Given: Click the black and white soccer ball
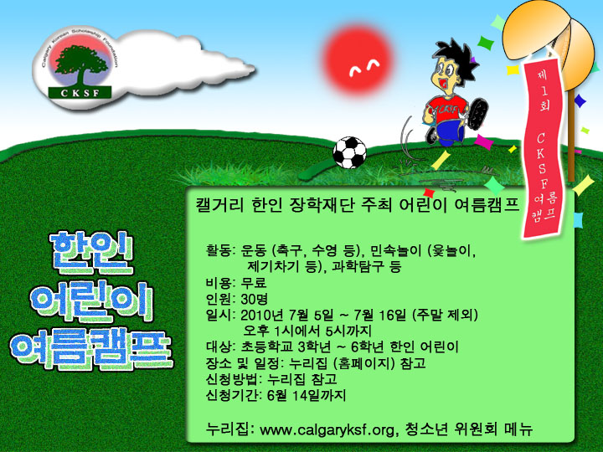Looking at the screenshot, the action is coord(349,152).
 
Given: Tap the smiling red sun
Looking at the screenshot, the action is coord(358,60).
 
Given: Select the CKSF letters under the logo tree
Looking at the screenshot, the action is coord(80,93).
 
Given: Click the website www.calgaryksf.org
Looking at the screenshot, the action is coord(327,429).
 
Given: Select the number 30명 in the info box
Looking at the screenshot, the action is coord(255,299).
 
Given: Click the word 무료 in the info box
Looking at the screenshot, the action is coord(254,283).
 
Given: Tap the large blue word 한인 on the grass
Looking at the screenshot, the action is coord(91,253).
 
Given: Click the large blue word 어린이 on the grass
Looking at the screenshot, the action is coord(91,302).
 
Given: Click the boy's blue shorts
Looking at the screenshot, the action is coord(448,131).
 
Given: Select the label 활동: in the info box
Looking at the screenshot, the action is coord(220,251).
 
